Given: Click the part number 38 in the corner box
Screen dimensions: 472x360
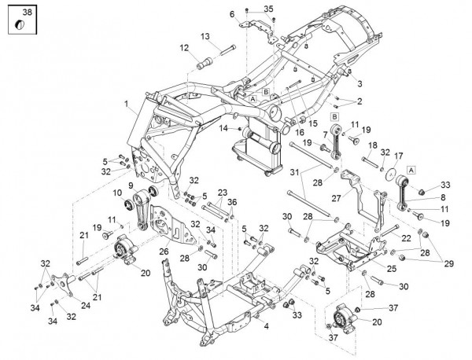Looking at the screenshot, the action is coord(27,12).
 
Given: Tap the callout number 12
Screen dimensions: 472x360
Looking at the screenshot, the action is coord(184,48).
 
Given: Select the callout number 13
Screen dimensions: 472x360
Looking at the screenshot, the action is coord(205,36).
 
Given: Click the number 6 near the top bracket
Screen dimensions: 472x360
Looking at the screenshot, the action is coord(232,14).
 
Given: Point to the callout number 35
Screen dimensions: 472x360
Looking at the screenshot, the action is coord(268,9).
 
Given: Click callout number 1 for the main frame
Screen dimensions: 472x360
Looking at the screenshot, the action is coord(127,104).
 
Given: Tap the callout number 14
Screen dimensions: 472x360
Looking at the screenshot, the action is coord(223,128).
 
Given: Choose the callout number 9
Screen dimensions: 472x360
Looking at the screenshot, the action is coord(131,186).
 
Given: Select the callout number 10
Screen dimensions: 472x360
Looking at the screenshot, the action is coord(118,193).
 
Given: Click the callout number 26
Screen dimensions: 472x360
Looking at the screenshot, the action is coord(164,251).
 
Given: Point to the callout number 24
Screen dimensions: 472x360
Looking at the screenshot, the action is coord(86,306).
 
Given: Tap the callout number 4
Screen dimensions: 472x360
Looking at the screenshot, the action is coord(266,325).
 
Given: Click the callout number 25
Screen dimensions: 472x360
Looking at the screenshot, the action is coord(392,269).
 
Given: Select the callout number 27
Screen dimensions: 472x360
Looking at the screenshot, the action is coord(336,198).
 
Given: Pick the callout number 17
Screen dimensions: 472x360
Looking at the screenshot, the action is coord(398,156).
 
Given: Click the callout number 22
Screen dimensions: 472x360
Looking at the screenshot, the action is coord(407,238).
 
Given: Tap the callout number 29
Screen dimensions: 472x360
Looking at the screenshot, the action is coord(449,264).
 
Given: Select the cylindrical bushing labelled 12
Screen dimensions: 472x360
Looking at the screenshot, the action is coord(205,63).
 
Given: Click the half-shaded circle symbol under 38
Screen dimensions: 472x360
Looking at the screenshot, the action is coord(20,25).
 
